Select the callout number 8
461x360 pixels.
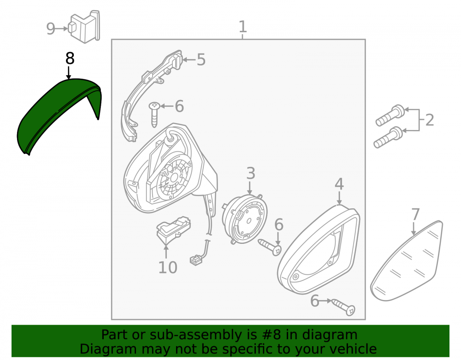[x=70, y=59]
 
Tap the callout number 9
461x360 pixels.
[x=51, y=29]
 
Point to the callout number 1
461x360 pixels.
[x=242, y=27]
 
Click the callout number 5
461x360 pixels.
[x=201, y=59]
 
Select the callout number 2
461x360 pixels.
[x=429, y=120]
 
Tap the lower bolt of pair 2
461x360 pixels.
[x=388, y=137]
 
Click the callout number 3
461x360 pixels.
[x=250, y=173]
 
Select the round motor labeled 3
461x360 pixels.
[x=245, y=219]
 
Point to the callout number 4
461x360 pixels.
[x=339, y=184]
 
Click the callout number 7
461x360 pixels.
[x=415, y=214]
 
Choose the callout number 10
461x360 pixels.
[x=168, y=267]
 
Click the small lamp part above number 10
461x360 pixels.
[x=173, y=229]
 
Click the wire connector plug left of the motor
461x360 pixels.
[x=196, y=260]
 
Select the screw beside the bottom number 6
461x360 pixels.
[x=343, y=307]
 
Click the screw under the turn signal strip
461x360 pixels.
[x=154, y=115]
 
